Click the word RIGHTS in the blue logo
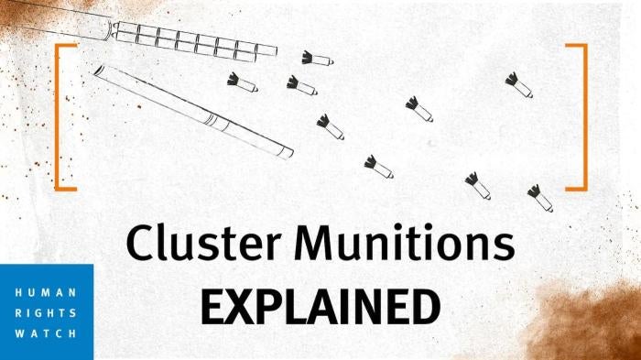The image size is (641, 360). click(46, 311)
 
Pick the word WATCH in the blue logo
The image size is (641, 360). click(46, 333)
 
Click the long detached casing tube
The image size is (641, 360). click(192, 110)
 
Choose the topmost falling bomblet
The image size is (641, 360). click(317, 59)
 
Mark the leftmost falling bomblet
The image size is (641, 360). click(242, 82)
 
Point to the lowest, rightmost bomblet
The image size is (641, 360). click(539, 197)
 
